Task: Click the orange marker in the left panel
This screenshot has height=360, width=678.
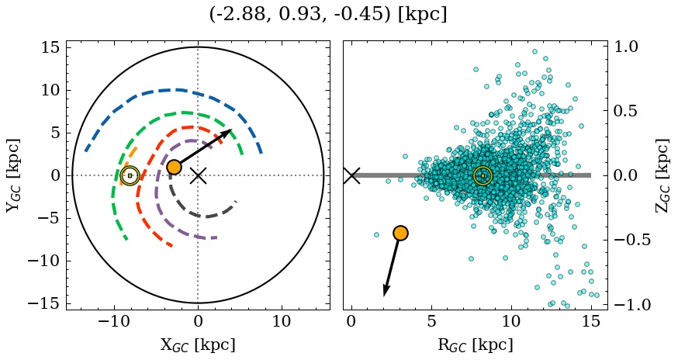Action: pyautogui.click(x=174, y=167)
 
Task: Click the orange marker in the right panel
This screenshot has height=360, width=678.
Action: pyautogui.click(x=400, y=233)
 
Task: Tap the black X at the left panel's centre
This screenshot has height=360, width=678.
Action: pyautogui.click(x=198, y=175)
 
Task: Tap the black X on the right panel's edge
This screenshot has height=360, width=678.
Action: pyautogui.click(x=351, y=175)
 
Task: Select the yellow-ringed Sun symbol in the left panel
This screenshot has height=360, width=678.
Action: pyautogui.click(x=130, y=175)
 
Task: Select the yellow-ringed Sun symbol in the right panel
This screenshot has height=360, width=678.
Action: pyautogui.click(x=483, y=175)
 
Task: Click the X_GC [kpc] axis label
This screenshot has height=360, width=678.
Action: pyautogui.click(x=198, y=344)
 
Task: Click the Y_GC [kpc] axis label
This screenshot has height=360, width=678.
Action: pyautogui.click(x=13, y=175)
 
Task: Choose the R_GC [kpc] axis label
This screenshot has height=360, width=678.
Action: pyautogui.click(x=476, y=344)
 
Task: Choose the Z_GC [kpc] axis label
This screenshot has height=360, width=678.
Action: pyautogui.click(x=662, y=175)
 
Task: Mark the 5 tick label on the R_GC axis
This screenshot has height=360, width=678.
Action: pyautogui.click(x=431, y=321)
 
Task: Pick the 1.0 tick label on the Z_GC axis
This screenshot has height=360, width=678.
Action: pyautogui.click(x=632, y=47)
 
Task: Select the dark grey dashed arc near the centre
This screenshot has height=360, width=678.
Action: pyautogui.click(x=203, y=215)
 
